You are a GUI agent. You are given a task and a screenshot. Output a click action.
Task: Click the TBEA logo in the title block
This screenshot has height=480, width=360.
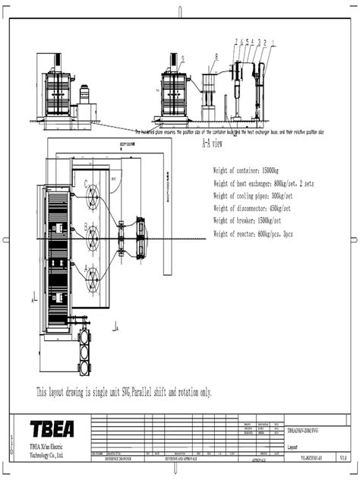52,428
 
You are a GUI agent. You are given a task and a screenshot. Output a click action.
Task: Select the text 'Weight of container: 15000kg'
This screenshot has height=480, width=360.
246,172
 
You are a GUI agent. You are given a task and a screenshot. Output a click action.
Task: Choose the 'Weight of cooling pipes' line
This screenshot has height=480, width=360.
249,196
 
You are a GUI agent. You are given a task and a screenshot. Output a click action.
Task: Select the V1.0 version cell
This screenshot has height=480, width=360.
343,458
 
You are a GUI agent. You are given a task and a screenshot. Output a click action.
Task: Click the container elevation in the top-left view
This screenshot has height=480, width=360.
60,95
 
